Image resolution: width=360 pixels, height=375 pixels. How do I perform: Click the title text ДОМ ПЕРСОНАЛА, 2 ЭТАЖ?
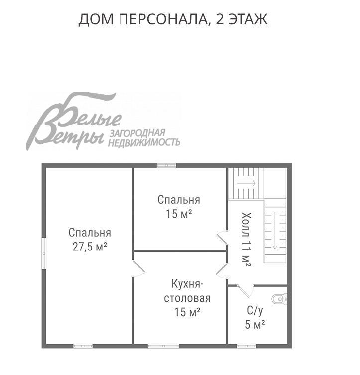(173, 20)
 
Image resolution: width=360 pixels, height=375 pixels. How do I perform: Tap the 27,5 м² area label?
(90, 247)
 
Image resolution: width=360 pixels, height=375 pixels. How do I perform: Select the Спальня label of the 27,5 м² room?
(90, 233)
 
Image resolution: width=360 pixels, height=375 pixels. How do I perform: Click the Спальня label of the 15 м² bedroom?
(179, 200)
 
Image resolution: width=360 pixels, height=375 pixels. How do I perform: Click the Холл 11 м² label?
(246, 239)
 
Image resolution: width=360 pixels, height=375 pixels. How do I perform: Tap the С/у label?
(255, 310)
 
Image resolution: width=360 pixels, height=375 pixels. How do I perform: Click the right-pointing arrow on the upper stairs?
(246, 183)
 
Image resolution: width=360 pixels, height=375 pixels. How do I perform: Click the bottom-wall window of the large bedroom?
(83, 346)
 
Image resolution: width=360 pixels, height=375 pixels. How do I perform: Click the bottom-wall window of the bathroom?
(246, 346)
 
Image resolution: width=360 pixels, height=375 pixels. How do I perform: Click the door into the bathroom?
(245, 290)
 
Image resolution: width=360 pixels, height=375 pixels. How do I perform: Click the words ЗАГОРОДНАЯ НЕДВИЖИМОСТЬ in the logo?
(144, 138)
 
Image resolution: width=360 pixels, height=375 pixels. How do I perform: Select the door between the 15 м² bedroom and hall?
(222, 238)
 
